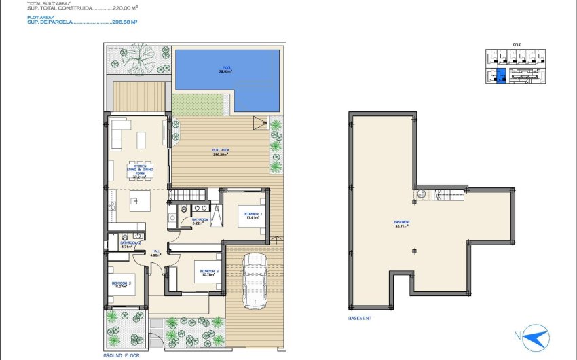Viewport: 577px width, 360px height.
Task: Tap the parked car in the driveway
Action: [255, 278]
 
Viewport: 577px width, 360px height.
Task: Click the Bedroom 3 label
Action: [122, 284]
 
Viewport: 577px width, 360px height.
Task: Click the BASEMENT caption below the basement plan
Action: [359, 318]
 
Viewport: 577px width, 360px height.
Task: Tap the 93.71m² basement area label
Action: [401, 226]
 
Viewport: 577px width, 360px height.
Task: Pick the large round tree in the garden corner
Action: [140, 54]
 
